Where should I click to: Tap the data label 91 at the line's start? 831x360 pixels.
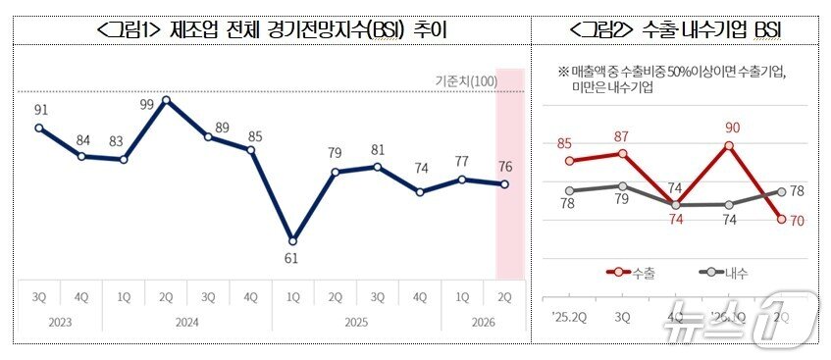(x=39, y=110)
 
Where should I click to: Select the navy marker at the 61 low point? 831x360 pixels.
(x=292, y=240)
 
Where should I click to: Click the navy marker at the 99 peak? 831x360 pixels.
(x=166, y=99)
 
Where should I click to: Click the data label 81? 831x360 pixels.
(x=378, y=149)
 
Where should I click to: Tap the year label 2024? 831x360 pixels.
(x=186, y=322)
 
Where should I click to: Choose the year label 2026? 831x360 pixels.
(x=483, y=322)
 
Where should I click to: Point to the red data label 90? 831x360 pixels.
(x=731, y=128)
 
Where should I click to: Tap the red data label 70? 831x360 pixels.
(x=798, y=220)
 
